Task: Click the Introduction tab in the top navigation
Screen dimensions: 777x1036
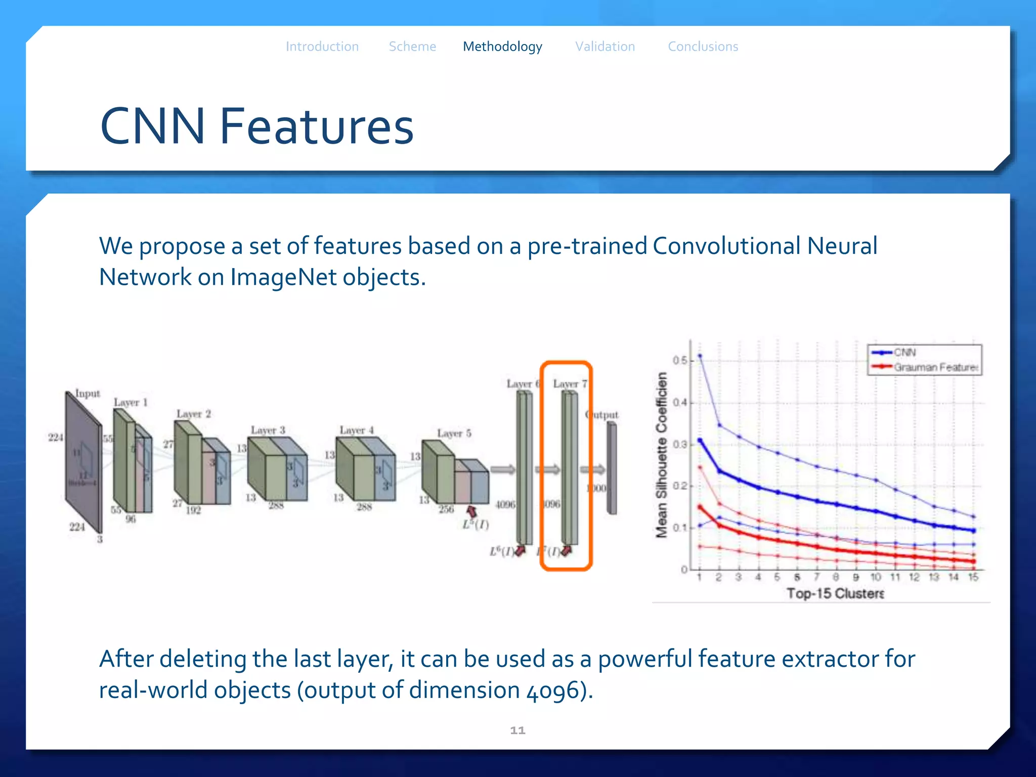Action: pyautogui.click(x=322, y=47)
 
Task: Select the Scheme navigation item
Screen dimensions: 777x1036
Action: pyautogui.click(x=412, y=47)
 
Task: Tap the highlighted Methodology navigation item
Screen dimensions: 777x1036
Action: pyautogui.click(x=502, y=47)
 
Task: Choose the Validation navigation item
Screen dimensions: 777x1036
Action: pyautogui.click(x=605, y=47)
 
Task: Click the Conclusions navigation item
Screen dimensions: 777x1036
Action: pyautogui.click(x=703, y=47)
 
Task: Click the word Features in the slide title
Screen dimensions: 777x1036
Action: pyautogui.click(x=317, y=126)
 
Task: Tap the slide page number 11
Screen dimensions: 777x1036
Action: pyautogui.click(x=517, y=730)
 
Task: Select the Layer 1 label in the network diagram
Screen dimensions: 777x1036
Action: pyautogui.click(x=131, y=403)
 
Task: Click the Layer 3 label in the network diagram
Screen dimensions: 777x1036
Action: pyautogui.click(x=268, y=430)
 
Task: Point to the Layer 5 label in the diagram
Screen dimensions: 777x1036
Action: pyautogui.click(x=454, y=434)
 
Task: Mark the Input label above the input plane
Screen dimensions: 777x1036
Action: pyautogui.click(x=88, y=394)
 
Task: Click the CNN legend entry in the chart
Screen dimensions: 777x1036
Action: pyautogui.click(x=904, y=353)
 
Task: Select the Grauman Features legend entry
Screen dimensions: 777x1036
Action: pyautogui.click(x=936, y=367)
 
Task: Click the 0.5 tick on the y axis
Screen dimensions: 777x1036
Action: pyautogui.click(x=679, y=360)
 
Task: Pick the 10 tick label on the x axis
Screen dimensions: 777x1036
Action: pyautogui.click(x=876, y=577)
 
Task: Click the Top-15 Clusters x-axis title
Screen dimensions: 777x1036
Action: pyautogui.click(x=835, y=593)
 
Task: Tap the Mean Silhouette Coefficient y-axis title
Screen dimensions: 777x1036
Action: pyautogui.click(x=661, y=454)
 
